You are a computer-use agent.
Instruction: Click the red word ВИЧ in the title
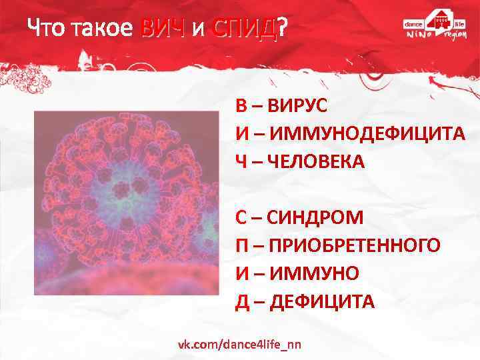coord(162,27)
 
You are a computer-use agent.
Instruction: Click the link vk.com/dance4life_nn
coord(239,344)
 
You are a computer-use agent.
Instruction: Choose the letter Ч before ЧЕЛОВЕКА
coord(240,162)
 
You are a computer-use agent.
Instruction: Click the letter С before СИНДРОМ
coord(241,217)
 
